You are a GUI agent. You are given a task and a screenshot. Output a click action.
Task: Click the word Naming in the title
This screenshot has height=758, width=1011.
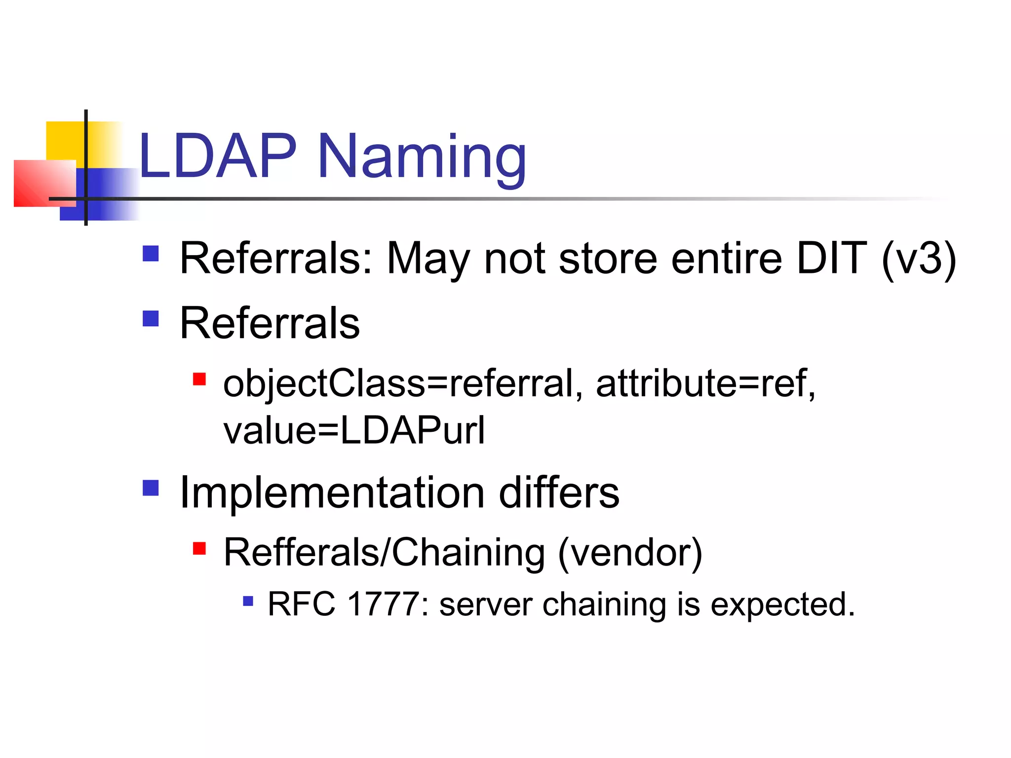(422, 158)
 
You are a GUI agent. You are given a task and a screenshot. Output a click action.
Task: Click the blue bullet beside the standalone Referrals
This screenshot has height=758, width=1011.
(151, 319)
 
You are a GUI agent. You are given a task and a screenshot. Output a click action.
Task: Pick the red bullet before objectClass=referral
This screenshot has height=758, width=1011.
(199, 379)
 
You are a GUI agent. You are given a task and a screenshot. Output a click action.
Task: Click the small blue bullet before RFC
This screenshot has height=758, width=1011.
(248, 601)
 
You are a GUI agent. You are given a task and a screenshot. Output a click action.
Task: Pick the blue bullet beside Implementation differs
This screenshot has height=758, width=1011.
(151, 488)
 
